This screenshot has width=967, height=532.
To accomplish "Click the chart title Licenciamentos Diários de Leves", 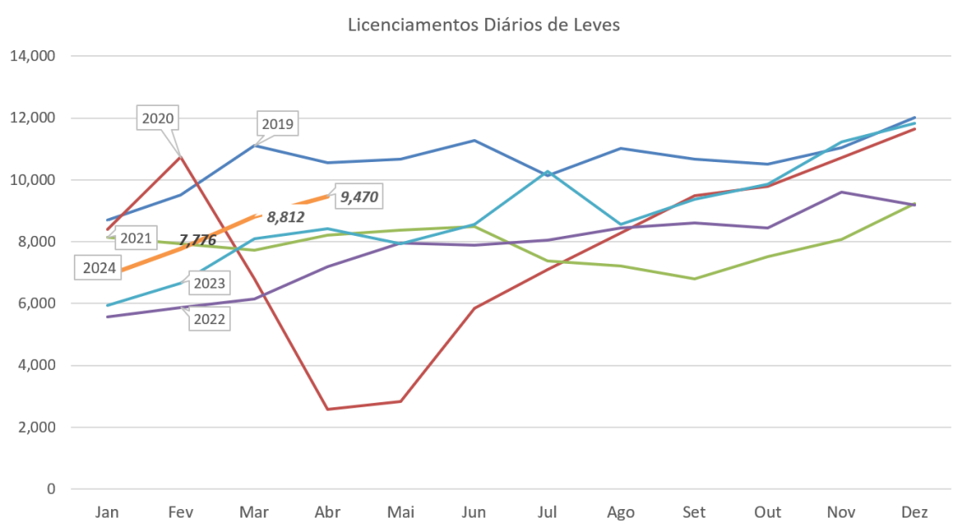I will [484, 25].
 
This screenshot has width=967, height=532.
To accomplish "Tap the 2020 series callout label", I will [158, 118].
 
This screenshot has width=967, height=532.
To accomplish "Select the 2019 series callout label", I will [277, 125].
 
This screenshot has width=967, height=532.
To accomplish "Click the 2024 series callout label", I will [100, 268].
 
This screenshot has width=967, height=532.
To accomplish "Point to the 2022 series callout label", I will [208, 319].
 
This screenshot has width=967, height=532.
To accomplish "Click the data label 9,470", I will [359, 198].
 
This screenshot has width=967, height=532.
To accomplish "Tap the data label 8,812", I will [285, 217].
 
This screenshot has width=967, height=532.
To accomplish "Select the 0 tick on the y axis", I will [51, 490].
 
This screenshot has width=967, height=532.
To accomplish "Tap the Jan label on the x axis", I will [107, 512].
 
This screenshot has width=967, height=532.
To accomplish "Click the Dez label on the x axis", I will [914, 512].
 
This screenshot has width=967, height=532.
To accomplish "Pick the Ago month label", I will [620, 512].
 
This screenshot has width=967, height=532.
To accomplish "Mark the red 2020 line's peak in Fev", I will [180, 156].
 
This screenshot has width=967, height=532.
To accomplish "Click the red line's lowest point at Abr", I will [327, 410].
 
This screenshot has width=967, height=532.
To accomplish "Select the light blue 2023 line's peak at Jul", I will [548, 171].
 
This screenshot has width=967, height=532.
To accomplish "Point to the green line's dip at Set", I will [694, 278].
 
